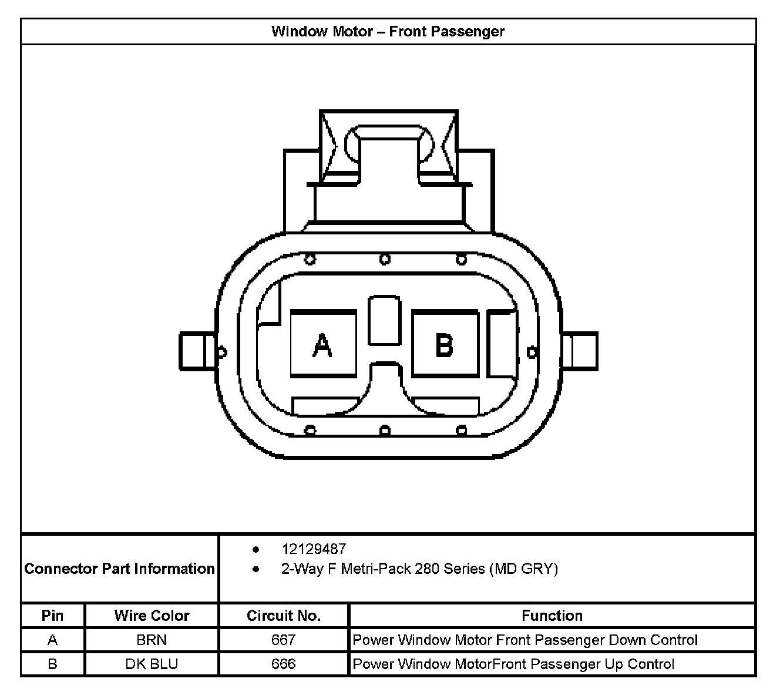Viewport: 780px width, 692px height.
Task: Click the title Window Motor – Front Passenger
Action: tap(388, 31)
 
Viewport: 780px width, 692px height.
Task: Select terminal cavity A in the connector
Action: tap(323, 344)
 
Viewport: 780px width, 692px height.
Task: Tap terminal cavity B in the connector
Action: tap(445, 344)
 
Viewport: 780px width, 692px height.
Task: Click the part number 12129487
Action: tap(314, 549)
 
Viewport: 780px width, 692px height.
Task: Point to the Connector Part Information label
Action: tap(119, 569)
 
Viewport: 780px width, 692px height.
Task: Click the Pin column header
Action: tap(52, 616)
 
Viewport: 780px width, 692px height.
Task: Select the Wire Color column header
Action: tap(152, 616)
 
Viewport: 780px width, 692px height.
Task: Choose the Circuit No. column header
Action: tap(284, 616)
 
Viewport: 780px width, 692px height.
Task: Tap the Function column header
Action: tap(552, 616)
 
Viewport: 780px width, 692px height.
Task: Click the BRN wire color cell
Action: tap(152, 640)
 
